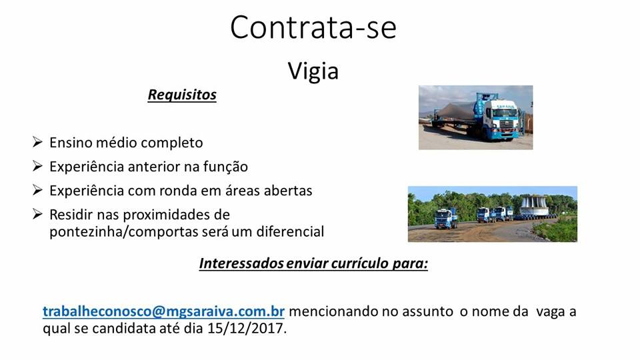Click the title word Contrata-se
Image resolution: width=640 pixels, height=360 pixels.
click(x=313, y=27)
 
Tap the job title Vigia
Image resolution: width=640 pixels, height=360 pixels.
click(x=313, y=71)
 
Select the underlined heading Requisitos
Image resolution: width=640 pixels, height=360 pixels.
click(x=182, y=95)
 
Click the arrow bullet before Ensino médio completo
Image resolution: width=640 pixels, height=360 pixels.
click(x=37, y=142)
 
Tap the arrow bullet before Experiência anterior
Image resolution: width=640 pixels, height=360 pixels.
click(x=37, y=166)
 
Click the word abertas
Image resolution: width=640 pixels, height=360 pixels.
click(x=288, y=191)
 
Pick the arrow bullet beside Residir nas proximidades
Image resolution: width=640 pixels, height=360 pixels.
click(x=37, y=214)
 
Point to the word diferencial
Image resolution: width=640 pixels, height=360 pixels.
click(x=290, y=231)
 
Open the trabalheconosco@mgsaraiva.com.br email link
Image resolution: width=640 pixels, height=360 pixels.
click(x=163, y=311)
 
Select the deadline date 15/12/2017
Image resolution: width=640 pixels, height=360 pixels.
click(x=246, y=328)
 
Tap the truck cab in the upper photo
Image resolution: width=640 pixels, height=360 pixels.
click(x=501, y=119)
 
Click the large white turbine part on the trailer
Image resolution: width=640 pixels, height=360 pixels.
click(x=534, y=206)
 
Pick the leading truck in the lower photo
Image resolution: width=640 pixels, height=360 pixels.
click(x=446, y=218)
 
